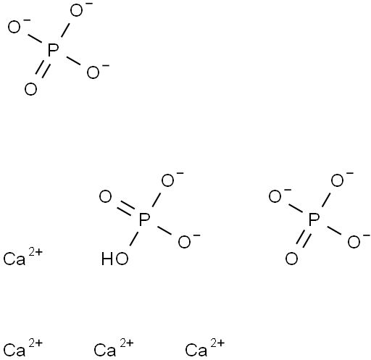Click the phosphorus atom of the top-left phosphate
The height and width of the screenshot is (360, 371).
pos(53,50)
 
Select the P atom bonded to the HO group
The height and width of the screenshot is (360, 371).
pos(144,219)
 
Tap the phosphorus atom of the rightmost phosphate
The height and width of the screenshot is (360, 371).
pos(314,219)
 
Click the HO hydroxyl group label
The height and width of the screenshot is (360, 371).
pos(114,259)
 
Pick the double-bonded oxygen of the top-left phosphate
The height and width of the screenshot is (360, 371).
pos(30,89)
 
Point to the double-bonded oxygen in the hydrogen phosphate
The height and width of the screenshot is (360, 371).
pos(106,197)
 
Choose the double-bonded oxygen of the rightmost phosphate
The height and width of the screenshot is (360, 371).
pos(291,259)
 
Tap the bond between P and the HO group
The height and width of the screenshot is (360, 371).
pos(134,239)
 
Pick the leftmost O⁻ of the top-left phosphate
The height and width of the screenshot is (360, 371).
pos(17,26)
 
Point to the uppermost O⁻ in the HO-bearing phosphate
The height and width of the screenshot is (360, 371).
pos(170,179)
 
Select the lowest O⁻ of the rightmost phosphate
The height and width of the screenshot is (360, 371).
pos(357,241)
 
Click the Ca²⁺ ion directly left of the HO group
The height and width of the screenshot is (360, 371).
pos(23,256)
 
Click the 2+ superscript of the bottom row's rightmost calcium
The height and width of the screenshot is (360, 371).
pos(217,343)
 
